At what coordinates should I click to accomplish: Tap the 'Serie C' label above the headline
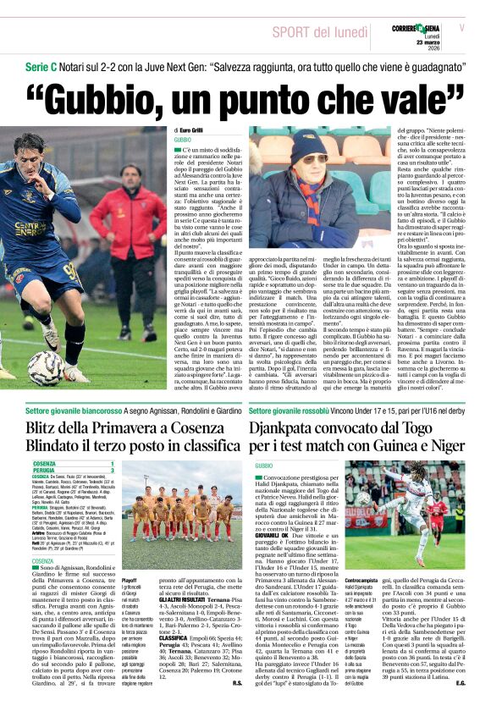click(x=40, y=66)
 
